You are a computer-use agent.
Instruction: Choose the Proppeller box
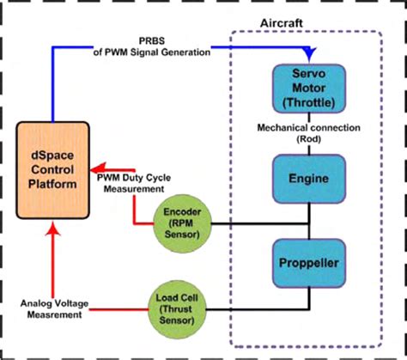(308, 265)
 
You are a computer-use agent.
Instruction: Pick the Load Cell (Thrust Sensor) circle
(175, 305)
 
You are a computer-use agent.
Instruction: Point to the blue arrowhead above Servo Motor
(308, 56)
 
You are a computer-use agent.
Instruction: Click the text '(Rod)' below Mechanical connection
(308, 139)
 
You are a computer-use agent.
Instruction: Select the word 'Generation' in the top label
(187, 52)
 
